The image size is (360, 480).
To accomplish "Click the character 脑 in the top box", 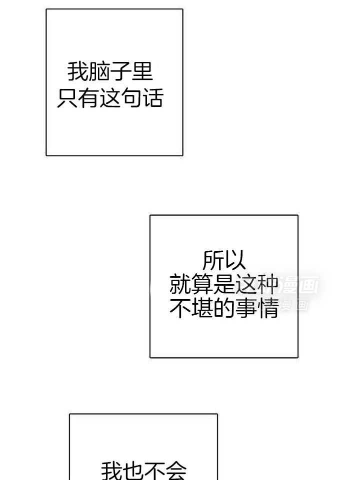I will (x=99, y=72).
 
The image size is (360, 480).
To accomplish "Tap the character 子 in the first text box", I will (x=120, y=72).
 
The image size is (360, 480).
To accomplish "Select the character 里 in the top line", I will (x=142, y=72).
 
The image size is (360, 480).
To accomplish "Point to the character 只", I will (x=67, y=98).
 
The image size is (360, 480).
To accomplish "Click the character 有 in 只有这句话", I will (x=88, y=98).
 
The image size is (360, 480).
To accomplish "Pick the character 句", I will (x=131, y=98).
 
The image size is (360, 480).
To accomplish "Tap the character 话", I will (x=153, y=98).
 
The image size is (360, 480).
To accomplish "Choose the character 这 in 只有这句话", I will (x=110, y=98).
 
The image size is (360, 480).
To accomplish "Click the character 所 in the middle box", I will (x=213, y=260).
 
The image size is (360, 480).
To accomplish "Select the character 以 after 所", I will (x=235, y=260).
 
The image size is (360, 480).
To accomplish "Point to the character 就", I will (x=180, y=285).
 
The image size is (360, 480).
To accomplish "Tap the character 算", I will (x=202, y=285).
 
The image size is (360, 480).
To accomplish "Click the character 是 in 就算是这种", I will (x=224, y=285).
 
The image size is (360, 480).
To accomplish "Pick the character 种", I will (x=267, y=285).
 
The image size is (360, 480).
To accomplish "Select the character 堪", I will (x=202, y=309).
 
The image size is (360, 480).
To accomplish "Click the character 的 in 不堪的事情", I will (x=224, y=309).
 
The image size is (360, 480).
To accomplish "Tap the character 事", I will (x=246, y=309).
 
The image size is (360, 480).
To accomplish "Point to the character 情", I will (x=267, y=309).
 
